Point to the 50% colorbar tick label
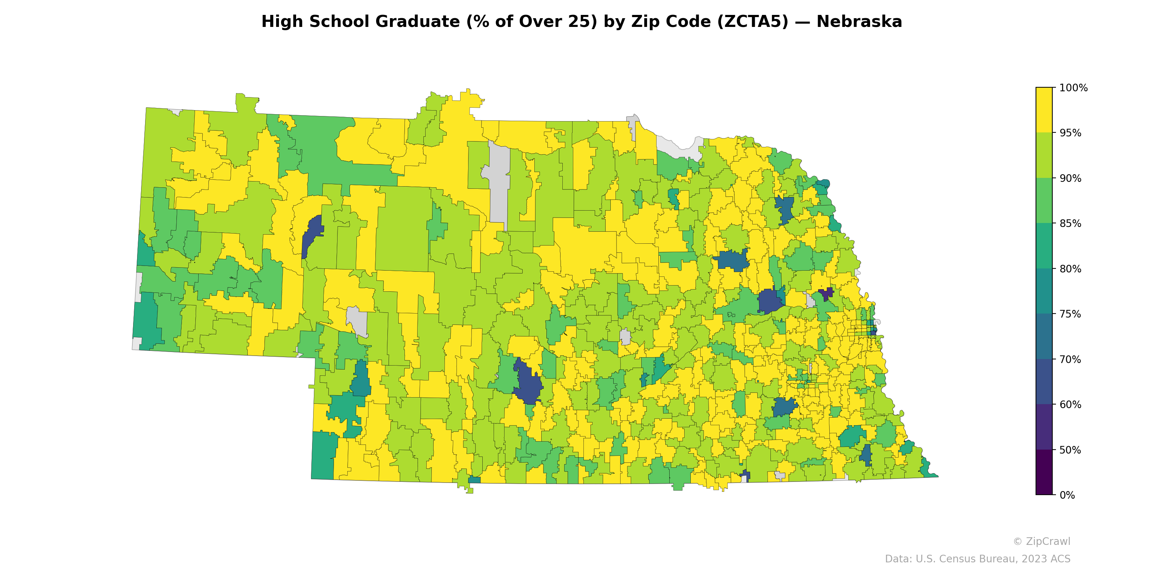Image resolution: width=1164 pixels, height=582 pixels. (1070, 450)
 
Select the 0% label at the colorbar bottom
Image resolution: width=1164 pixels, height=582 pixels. (1067, 495)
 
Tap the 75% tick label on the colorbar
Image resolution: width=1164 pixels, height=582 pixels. (1070, 314)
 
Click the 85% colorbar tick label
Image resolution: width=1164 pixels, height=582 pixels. (1070, 224)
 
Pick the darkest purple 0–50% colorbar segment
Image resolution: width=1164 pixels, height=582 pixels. (1044, 472)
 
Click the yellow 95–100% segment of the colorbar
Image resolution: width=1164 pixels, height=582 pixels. (1044, 110)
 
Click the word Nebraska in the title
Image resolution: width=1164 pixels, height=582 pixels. (859, 22)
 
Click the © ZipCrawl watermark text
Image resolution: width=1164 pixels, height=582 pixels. (1041, 541)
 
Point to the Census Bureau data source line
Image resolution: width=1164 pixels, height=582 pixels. (977, 559)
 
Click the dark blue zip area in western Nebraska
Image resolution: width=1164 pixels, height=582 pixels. (312, 235)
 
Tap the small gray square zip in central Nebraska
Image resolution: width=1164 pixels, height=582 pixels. (625, 337)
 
